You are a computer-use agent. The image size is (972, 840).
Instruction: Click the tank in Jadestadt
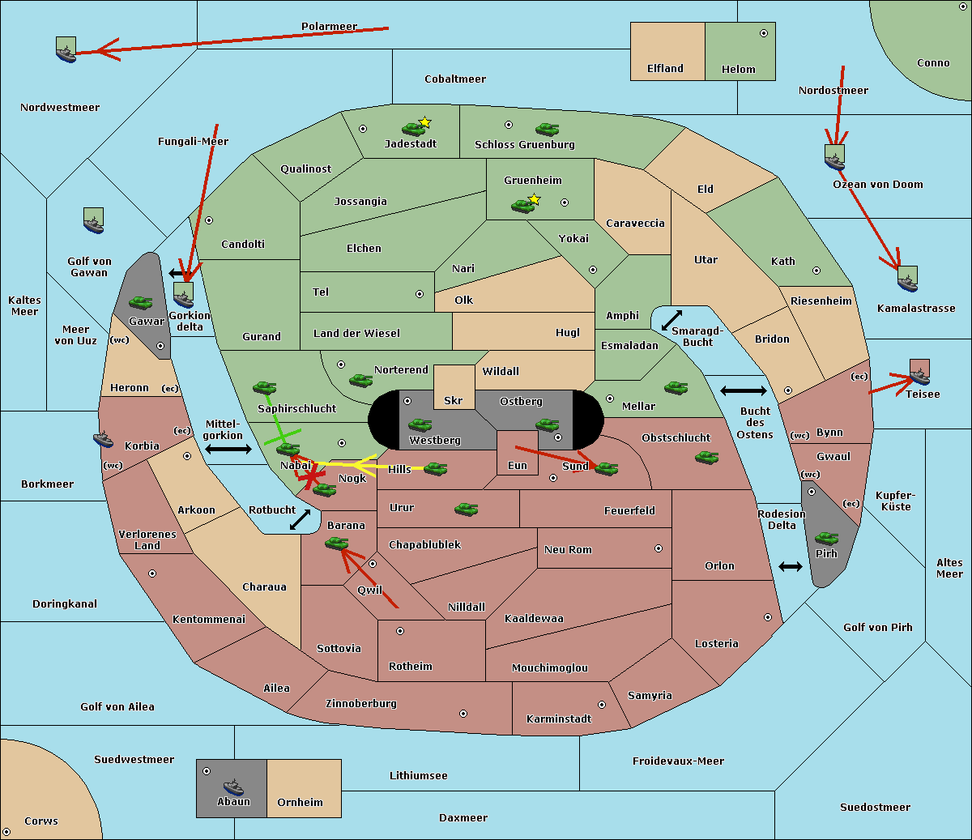point(414,128)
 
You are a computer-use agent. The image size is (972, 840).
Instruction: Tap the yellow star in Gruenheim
point(535,199)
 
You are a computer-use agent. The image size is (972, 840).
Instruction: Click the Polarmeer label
point(329,27)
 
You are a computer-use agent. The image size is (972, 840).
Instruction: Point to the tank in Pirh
point(827,538)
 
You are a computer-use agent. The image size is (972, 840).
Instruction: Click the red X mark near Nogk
point(310,477)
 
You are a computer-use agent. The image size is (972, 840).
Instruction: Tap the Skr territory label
point(454,400)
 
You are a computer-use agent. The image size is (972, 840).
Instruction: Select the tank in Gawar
point(141,302)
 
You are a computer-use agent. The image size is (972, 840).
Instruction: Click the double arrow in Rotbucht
point(300,519)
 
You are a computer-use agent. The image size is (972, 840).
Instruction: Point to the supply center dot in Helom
point(764,33)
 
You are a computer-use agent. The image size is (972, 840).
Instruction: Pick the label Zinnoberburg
point(361,704)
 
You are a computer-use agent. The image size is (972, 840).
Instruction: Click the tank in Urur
point(466,509)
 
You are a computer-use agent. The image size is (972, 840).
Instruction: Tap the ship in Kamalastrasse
point(907,281)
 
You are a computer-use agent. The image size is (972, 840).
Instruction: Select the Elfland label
point(665,69)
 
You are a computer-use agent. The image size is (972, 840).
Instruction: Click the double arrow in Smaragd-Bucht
point(671,320)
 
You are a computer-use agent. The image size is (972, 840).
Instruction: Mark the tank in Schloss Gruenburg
point(547,129)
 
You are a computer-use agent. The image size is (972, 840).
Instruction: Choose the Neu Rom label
point(568,549)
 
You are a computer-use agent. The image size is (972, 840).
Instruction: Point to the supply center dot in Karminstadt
point(602,705)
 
